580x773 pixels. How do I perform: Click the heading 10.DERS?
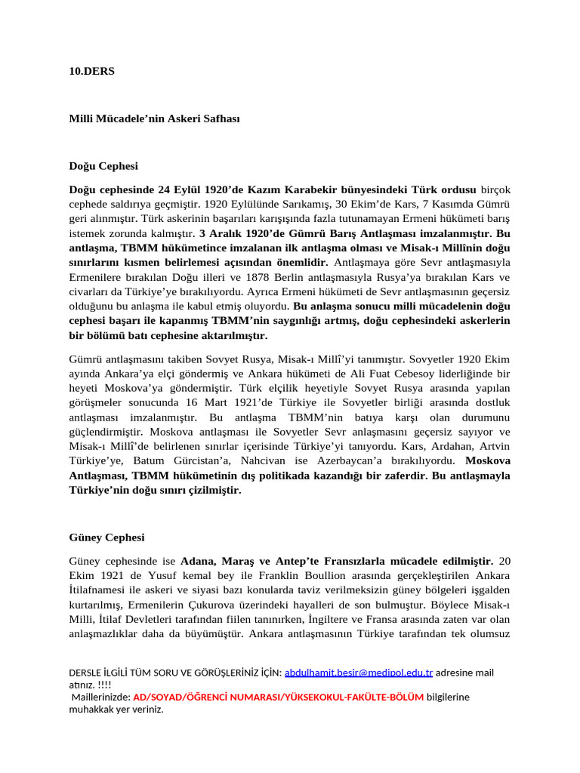click(91, 71)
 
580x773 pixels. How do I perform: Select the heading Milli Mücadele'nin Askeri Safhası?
click(154, 119)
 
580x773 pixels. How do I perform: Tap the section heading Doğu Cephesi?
click(103, 165)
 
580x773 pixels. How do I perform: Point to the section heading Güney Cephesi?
click(106, 537)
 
